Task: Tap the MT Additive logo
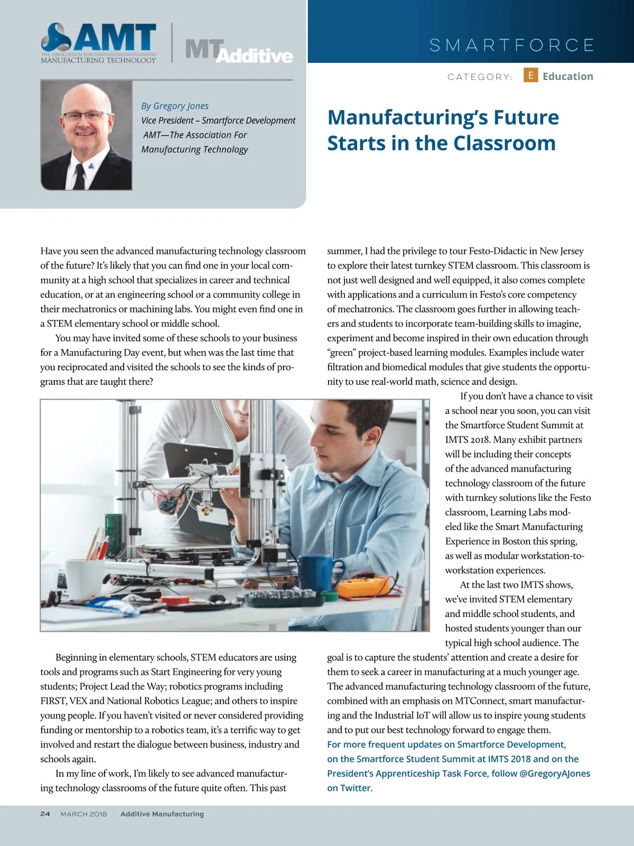coord(239,51)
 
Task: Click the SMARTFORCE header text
coord(512,45)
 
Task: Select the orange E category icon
coord(530,75)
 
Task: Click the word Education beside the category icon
coord(567,76)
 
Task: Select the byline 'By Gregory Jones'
coord(175,106)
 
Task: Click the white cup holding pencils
coord(84,579)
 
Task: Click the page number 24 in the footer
coord(45,814)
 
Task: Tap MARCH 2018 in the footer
coord(83,814)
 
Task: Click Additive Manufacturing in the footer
coord(162,814)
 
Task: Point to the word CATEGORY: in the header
coord(480,77)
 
